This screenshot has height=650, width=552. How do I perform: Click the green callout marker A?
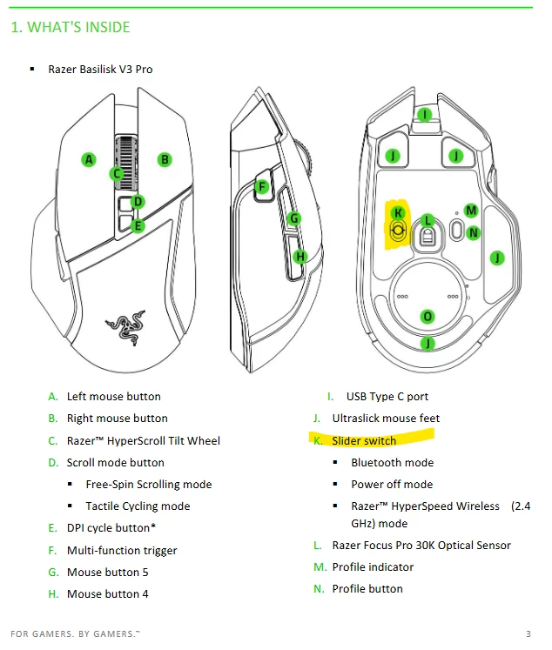(x=89, y=159)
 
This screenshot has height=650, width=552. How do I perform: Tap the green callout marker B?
(x=165, y=159)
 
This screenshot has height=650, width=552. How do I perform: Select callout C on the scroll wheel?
(x=117, y=173)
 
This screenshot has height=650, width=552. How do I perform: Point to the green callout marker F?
(x=262, y=187)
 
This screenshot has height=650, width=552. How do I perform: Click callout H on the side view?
(x=300, y=257)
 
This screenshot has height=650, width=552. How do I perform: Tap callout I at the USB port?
(x=424, y=114)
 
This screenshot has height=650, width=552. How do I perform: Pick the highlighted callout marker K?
(x=398, y=213)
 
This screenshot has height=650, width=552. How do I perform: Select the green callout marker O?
(x=427, y=317)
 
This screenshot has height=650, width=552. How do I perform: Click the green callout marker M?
(x=471, y=211)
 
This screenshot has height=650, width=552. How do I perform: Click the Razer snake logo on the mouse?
(x=125, y=327)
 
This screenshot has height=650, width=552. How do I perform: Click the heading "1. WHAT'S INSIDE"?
(x=71, y=27)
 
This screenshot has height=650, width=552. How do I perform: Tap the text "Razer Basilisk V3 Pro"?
(x=100, y=70)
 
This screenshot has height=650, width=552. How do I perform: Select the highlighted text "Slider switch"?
(x=364, y=440)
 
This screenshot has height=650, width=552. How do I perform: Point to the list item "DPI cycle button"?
(x=108, y=527)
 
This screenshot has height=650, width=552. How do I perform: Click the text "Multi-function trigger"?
(x=122, y=551)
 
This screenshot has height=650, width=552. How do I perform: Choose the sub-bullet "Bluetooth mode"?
(x=393, y=463)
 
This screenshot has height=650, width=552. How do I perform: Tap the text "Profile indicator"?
(x=373, y=567)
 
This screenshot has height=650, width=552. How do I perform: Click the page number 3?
(x=528, y=633)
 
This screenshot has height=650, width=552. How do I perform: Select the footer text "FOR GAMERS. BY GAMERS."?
(x=75, y=633)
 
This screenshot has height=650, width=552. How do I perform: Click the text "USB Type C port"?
(x=387, y=397)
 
